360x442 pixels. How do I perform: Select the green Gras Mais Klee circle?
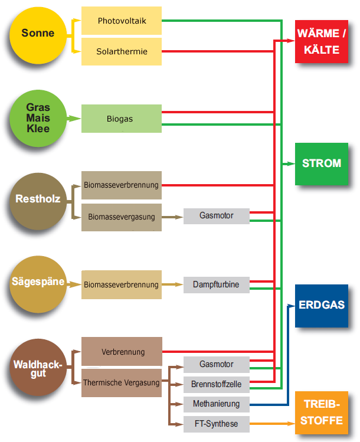click(x=38, y=117)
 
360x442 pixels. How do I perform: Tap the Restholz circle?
click(x=38, y=199)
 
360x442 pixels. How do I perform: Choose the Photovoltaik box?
click(x=121, y=21)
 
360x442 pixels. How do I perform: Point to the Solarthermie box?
click(x=121, y=52)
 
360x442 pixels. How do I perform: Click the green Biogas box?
click(x=121, y=119)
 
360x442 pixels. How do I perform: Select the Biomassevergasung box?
click(x=121, y=217)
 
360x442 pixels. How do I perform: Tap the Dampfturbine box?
click(x=216, y=284)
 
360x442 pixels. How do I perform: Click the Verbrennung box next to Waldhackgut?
click(x=122, y=352)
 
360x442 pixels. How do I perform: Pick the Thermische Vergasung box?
click(x=121, y=383)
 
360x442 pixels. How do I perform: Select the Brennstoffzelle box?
click(x=216, y=385)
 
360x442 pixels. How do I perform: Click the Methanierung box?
click(x=216, y=404)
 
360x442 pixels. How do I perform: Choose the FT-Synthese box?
click(x=216, y=424)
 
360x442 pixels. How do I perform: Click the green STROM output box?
click(x=321, y=163)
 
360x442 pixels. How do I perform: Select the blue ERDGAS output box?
click(x=321, y=306)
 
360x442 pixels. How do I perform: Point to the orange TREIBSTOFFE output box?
click(x=321, y=412)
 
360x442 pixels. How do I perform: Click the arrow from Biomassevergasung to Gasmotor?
click(x=172, y=217)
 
